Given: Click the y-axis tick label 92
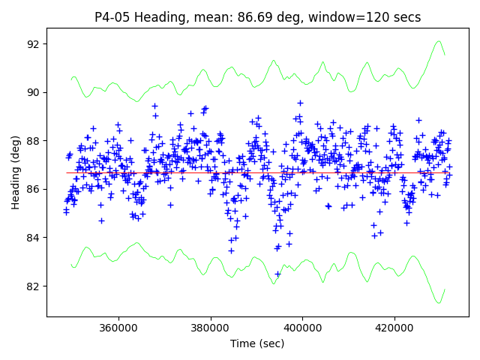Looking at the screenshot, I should [x=34, y=44].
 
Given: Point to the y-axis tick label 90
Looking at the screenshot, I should [x=34, y=92].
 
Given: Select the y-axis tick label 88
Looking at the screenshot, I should [x=34, y=141].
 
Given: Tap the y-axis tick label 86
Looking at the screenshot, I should [x=34, y=189].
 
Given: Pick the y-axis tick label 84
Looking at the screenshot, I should [x=34, y=238].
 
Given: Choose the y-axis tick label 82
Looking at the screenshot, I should [x=34, y=286].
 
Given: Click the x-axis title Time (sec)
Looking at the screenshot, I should [x=257, y=343].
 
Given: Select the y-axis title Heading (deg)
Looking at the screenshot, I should [x=15, y=172].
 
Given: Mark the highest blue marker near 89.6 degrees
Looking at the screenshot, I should [x=300, y=103].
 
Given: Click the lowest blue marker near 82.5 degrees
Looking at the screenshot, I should [x=277, y=274].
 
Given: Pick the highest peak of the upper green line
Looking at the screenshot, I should [x=439, y=41].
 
